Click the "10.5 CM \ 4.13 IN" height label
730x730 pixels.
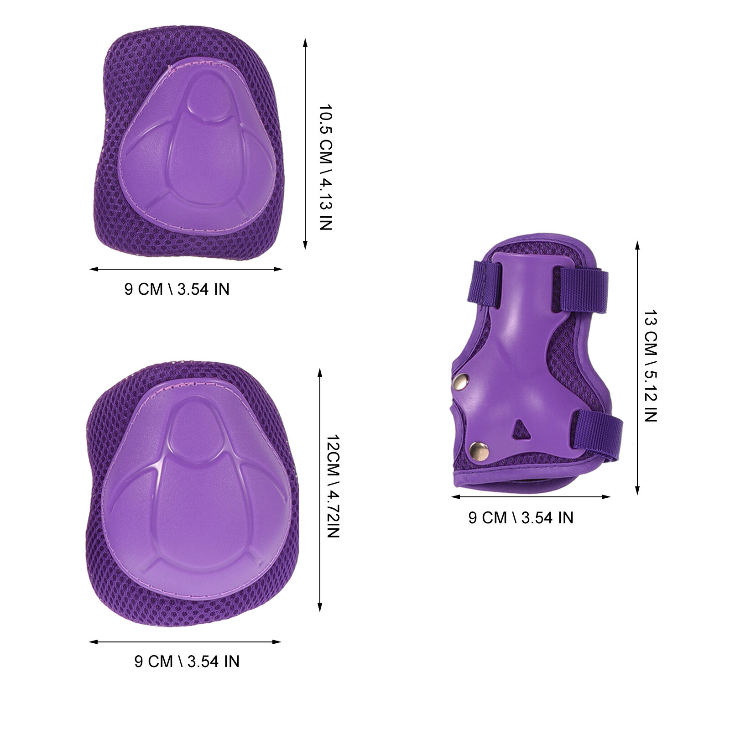coord(326,167)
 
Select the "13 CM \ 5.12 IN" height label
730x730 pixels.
coord(651,366)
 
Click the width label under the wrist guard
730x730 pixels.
coord(521,517)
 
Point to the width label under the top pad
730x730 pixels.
coord(177,289)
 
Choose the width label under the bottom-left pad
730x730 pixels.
coord(187,661)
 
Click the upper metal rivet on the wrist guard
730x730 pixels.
coord(462,381)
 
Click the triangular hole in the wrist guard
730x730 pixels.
coord(520,429)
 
